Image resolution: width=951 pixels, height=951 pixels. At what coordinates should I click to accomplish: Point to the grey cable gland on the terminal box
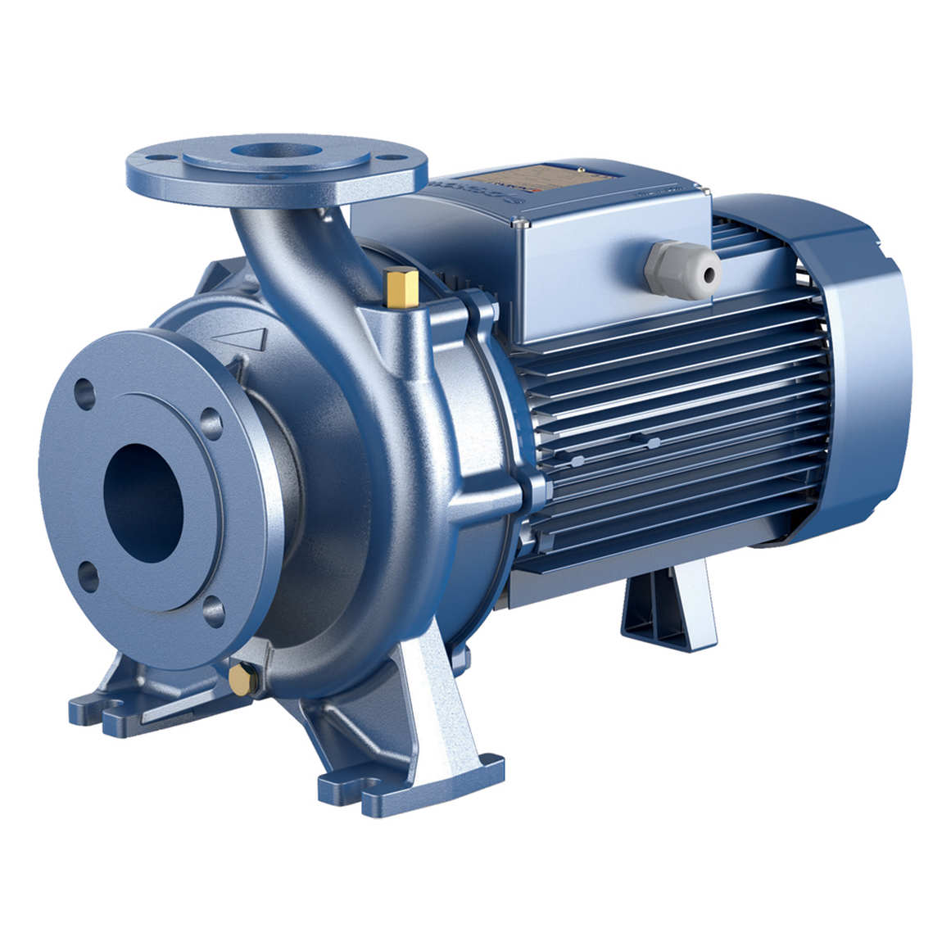click(683, 268)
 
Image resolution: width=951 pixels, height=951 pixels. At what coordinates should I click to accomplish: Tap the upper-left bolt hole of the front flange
click(84, 389)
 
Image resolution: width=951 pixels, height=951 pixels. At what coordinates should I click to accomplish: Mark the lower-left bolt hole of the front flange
click(85, 573)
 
